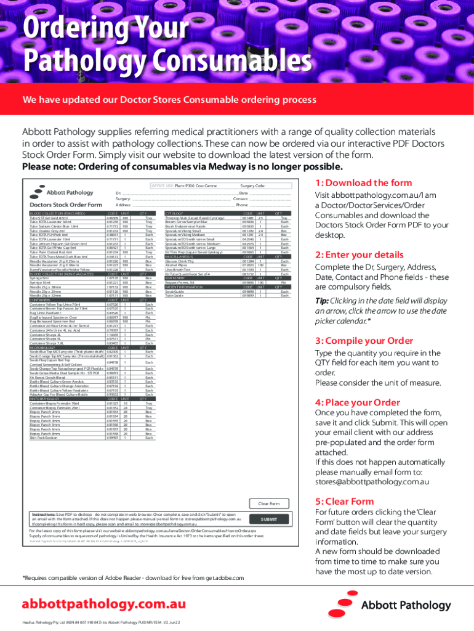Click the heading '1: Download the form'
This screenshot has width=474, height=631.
coord(363,183)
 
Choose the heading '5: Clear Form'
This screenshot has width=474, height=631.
coord(344,501)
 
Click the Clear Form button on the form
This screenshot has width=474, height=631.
coord(268,503)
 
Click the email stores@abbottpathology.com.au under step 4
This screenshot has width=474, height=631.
coord(372,481)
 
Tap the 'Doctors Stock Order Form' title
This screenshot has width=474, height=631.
coord(66,205)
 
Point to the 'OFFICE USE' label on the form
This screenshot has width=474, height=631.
coord(162,185)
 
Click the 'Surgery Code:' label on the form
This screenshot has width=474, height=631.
coord(252,185)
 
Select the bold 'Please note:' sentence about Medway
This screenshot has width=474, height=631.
coord(182,167)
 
